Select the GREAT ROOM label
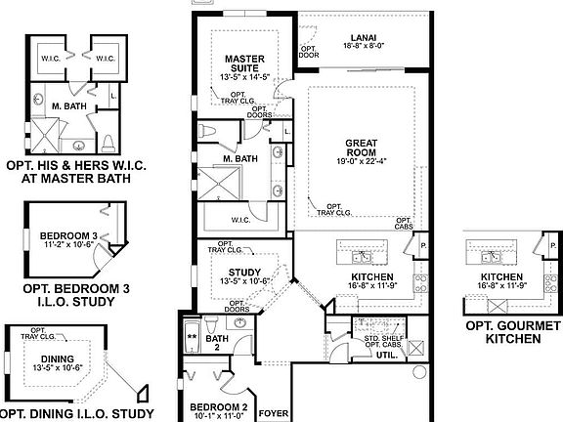coord(361,148)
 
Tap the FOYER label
coord(273,414)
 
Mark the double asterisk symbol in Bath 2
coord(193,337)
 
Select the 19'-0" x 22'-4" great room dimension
coord(361,161)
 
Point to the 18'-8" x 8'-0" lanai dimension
coord(362,45)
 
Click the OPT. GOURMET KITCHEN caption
coord(512,332)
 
